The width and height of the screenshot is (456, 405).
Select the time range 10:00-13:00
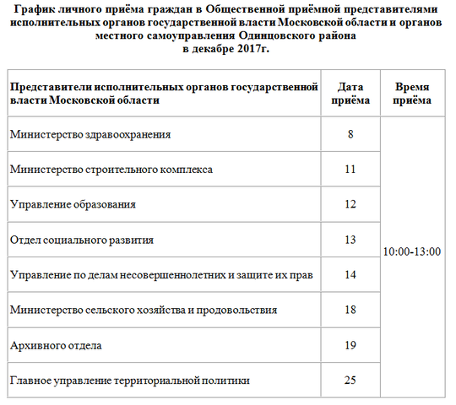click(x=412, y=252)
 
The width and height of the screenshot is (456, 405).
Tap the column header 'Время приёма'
click(x=412, y=94)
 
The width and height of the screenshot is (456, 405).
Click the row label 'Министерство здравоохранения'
click(x=90, y=134)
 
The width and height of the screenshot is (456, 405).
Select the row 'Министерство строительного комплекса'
click(x=111, y=170)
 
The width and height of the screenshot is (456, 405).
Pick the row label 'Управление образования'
click(x=73, y=204)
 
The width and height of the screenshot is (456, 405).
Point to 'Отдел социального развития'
click(x=82, y=240)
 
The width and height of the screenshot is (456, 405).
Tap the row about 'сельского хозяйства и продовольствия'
click(x=144, y=310)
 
